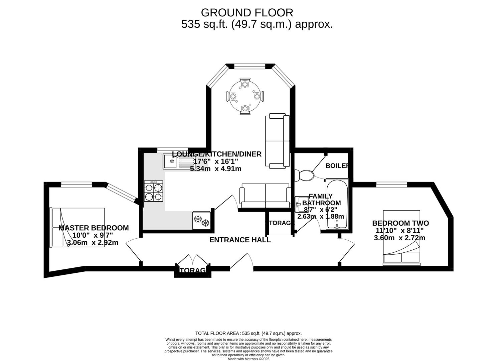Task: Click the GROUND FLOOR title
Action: pyautogui.click(x=247, y=13)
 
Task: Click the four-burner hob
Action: pyautogui.click(x=154, y=191)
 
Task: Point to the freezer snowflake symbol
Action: pyautogui.click(x=201, y=221)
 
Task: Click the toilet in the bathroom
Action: pyautogui.click(x=304, y=175)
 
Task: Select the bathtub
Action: pyautogui.click(x=337, y=204)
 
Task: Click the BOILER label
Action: pyautogui.click(x=337, y=166)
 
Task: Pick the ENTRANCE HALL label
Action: pyautogui.click(x=240, y=240)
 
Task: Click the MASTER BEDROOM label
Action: pyautogui.click(x=94, y=228)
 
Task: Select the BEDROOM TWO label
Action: pyautogui.click(x=400, y=223)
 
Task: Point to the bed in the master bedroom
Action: pyautogui.click(x=77, y=227)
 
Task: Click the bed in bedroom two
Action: pyautogui.click(x=401, y=238)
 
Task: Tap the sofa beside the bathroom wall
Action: pyautogui.click(x=277, y=141)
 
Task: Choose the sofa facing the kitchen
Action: pyautogui.click(x=265, y=196)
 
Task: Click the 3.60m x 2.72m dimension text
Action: pyautogui.click(x=399, y=238)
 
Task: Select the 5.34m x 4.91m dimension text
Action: pyautogui.click(x=215, y=169)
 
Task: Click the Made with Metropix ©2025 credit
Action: pyautogui.click(x=248, y=359)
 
